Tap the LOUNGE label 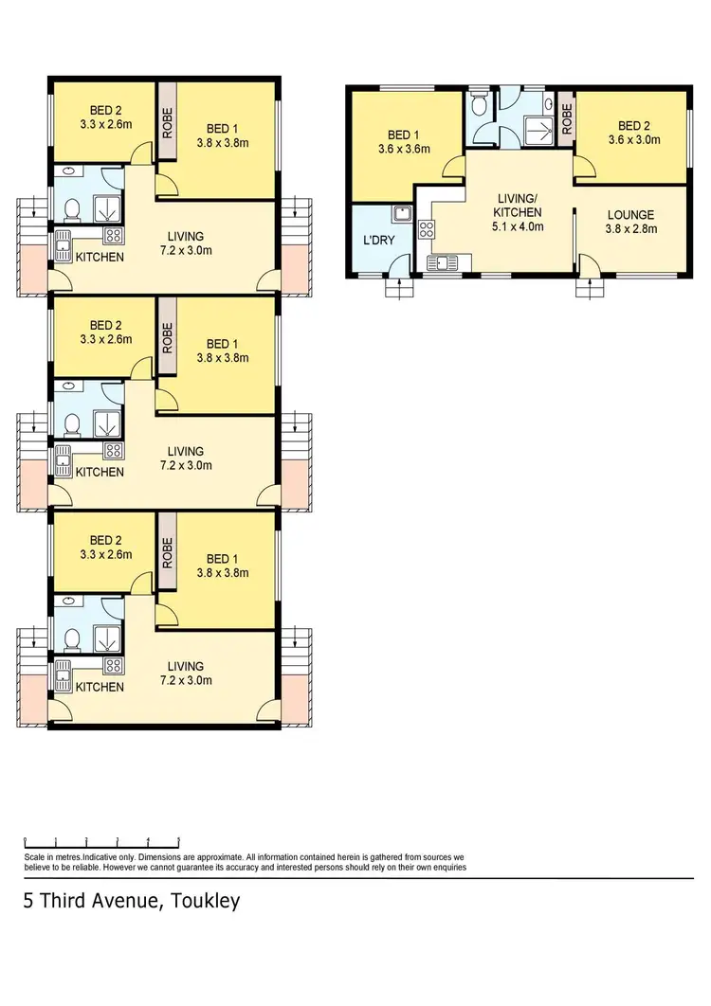[630, 215]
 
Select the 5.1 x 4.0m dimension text [520, 226]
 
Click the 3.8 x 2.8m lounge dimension [630, 228]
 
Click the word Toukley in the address [201, 901]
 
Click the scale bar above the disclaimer [101, 840]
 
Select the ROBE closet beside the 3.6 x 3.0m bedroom [566, 118]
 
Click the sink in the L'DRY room [401, 213]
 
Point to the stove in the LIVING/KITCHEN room [426, 228]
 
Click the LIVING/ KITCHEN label [520, 206]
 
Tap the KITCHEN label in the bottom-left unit [100, 686]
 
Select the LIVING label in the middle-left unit [185, 452]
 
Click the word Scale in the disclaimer [35, 856]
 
